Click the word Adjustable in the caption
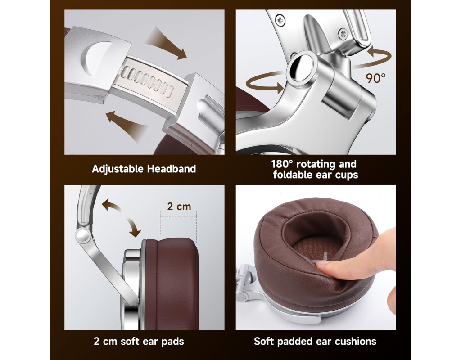[x=118, y=169]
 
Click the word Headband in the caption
[x=172, y=169]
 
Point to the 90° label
[x=375, y=77]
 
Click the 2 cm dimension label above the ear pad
[x=179, y=206]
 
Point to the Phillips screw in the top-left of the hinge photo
[x=280, y=20]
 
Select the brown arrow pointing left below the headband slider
[x=127, y=125]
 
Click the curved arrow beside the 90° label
[x=379, y=57]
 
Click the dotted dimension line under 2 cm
[x=178, y=217]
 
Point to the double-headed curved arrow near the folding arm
[x=122, y=217]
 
